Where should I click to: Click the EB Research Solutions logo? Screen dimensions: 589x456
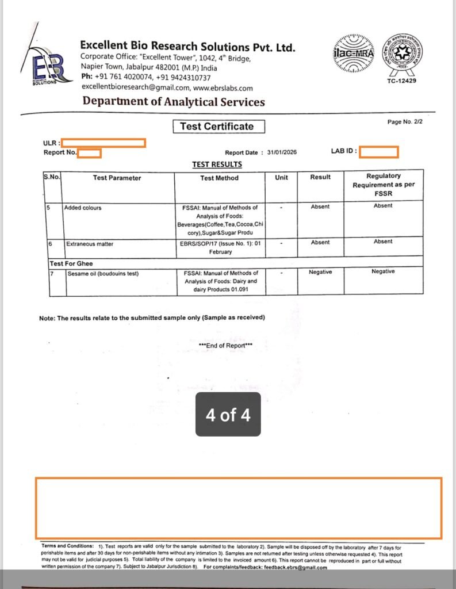coord(49,66)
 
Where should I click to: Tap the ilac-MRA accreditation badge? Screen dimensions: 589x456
coord(353,54)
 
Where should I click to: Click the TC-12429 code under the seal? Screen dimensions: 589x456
coord(402,81)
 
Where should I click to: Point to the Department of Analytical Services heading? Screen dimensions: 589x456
coord(174,102)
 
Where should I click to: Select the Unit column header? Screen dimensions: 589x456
coord(281,177)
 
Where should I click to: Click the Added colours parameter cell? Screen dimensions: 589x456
coord(83,207)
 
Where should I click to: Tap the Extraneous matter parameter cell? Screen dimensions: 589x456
coord(89,244)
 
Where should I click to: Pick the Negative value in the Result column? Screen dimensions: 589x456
coord(320,272)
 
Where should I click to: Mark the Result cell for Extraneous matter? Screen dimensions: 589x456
coord(320,242)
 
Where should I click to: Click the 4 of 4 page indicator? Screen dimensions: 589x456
coord(228,415)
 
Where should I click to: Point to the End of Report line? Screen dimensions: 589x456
coord(225,345)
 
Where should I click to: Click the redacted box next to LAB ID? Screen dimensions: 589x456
coord(379,152)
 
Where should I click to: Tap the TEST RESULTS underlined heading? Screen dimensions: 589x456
coord(217,165)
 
